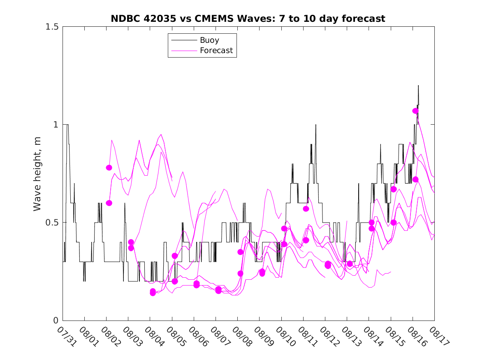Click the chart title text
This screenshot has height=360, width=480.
(x=248, y=19)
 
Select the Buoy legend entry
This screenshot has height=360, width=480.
(x=209, y=40)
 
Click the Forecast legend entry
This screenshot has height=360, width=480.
(x=216, y=51)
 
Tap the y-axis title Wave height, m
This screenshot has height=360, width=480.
(x=37, y=173)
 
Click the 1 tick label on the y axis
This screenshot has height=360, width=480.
(x=56, y=125)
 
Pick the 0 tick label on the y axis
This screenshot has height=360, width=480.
(x=56, y=321)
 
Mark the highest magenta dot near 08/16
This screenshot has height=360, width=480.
(x=415, y=111)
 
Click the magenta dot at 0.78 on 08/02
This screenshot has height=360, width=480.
(x=109, y=167)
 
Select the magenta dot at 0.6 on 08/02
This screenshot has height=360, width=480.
(x=109, y=203)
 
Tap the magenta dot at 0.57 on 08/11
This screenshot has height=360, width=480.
(x=306, y=209)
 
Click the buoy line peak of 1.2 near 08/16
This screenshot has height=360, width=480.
(x=418, y=86)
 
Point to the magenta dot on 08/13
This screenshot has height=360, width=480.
(x=350, y=264)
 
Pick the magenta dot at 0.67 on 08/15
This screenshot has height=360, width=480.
(x=394, y=189)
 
